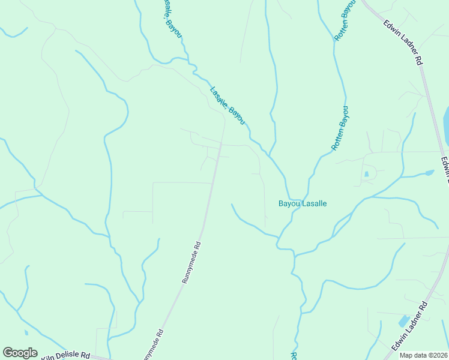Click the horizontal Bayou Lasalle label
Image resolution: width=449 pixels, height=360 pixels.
(x=303, y=203)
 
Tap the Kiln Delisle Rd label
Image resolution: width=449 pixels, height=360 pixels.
(x=65, y=355)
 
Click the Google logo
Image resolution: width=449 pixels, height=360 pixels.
(x=20, y=353)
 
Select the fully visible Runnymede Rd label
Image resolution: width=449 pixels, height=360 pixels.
(x=191, y=262)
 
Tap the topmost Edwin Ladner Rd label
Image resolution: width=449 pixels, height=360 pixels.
(x=404, y=42)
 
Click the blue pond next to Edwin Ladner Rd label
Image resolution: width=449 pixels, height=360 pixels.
(x=403, y=321)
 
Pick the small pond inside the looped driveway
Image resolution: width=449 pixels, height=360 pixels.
(x=366, y=175)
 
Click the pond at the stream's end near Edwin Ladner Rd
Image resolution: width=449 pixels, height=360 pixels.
(x=429, y=173)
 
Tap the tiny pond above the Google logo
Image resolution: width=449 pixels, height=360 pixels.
(x=26, y=332)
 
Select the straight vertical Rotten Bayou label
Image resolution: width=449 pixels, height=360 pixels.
(x=340, y=128)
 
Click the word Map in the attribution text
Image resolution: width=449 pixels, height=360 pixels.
(x=406, y=355)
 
